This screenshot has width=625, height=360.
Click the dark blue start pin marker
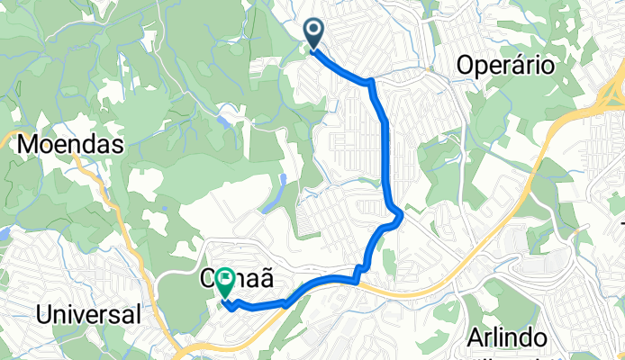tap(314, 33)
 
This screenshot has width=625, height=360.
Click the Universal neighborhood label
tap(88, 314)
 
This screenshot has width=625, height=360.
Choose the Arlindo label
tap(509, 337)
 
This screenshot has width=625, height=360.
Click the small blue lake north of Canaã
tap(283, 189)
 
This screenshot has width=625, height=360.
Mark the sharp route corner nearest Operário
tap(370, 83)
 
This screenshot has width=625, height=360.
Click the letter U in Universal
tap(44, 314)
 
